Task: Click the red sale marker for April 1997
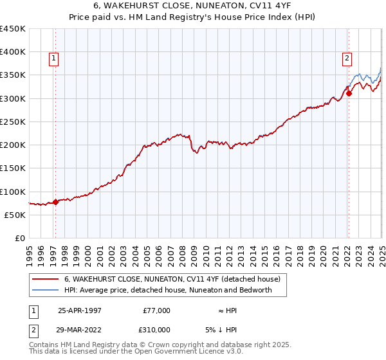tap(55, 202)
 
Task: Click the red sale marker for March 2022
tap(349, 93)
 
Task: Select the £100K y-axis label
tap(14, 192)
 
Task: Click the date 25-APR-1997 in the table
tap(80, 310)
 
